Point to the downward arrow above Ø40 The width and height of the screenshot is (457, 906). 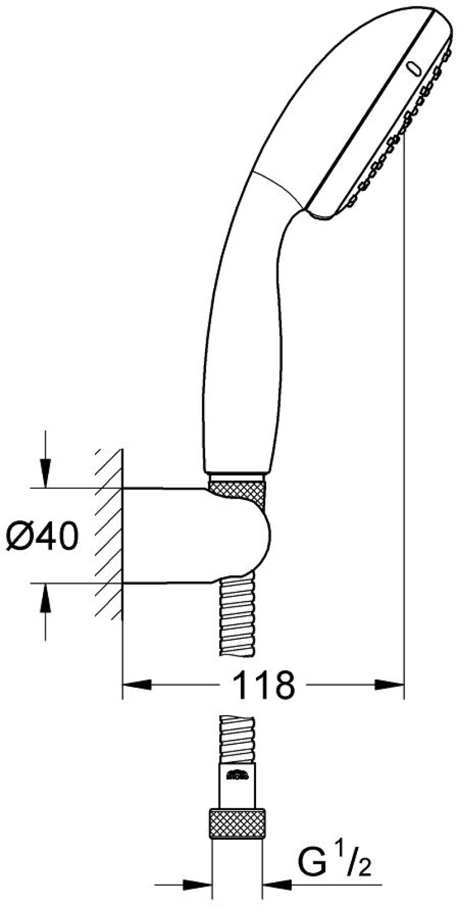click(45, 459)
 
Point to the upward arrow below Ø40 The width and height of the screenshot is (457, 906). click(45, 612)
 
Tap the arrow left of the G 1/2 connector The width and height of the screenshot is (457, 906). click(184, 895)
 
